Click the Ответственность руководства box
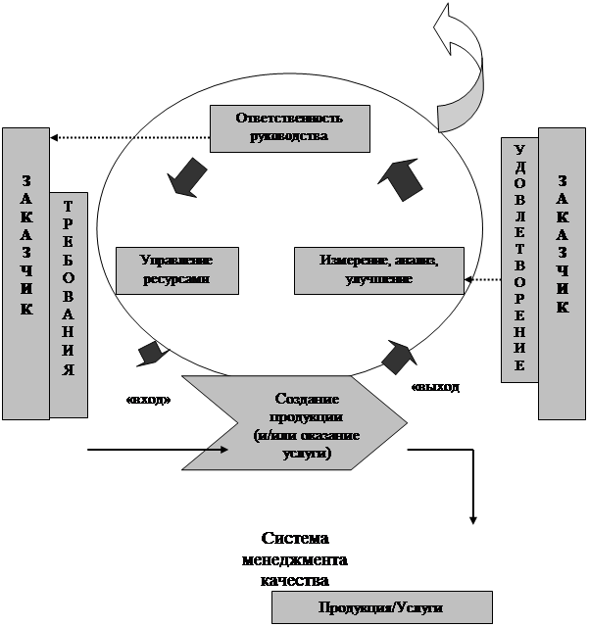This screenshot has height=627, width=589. pos(290,128)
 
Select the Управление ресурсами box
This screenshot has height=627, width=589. pos(176,270)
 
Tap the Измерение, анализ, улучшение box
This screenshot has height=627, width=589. pos(378,270)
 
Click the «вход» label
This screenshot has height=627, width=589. pos(149,400)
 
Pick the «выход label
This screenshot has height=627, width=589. pos(436,387)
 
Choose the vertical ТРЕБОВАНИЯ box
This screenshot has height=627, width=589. pos(68,304)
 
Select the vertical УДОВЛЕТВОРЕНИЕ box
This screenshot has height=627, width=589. pos(519,260)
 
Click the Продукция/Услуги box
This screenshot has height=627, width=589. pos(380,608)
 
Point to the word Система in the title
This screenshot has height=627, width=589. pos(295,540)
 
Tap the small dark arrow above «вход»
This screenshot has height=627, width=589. pos(150,354)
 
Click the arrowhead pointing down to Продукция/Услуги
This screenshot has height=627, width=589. pos(474,516)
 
